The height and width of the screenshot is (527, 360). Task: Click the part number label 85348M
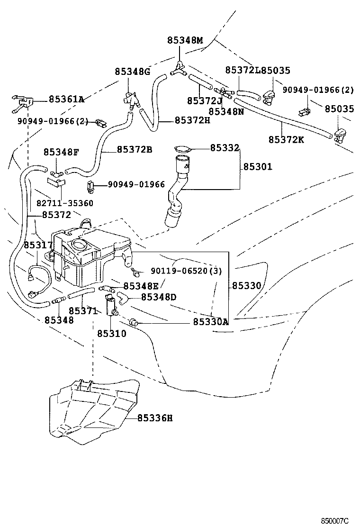pos(185,41)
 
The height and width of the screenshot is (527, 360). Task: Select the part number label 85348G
pos(132,72)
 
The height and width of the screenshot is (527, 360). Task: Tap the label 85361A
pos(66,99)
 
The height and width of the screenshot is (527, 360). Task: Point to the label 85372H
pos(192,120)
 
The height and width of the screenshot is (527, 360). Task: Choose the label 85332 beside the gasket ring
pos(225,148)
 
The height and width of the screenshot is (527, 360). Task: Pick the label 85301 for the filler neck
pos(258,167)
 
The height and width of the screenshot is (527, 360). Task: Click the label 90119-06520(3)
pos(186,271)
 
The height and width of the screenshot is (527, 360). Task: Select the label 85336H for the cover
pos(155,418)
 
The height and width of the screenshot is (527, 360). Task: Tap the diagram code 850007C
pos(334,520)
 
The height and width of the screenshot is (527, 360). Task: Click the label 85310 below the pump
pos(112,333)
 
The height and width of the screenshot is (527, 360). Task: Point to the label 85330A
pos(211,322)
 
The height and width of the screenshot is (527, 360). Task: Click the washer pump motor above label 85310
pos(112,304)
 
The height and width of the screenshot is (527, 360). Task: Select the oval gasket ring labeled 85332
pos(182,149)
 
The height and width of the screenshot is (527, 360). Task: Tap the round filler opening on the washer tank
pos(78,245)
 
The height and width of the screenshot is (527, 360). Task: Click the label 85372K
pos(286,139)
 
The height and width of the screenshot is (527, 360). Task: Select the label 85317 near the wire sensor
pos(38,245)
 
